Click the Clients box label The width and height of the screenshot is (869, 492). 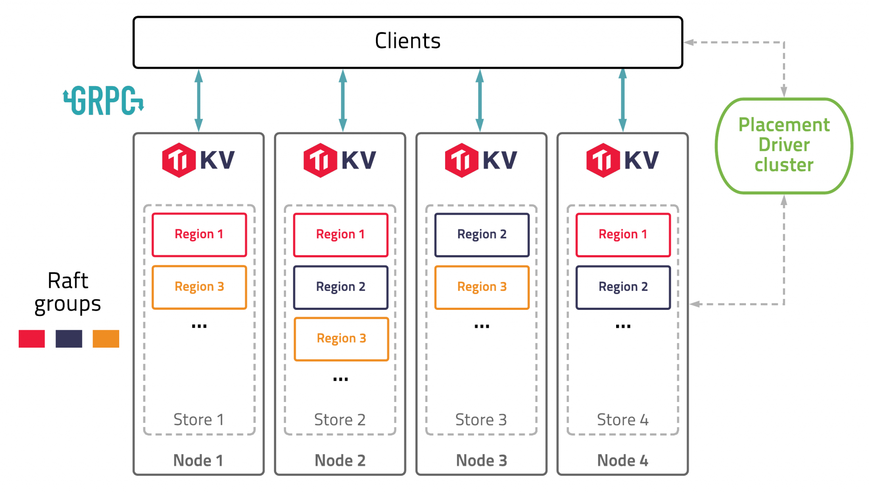pos(407,41)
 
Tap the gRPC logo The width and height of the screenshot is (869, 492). pos(104,101)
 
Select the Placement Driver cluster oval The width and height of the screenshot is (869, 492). pos(784,145)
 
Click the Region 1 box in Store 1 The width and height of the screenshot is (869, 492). pos(199,234)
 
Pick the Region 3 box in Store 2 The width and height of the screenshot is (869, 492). pos(341,339)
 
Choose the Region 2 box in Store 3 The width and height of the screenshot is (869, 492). pos(482,234)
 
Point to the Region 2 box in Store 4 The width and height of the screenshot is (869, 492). pos(623,287)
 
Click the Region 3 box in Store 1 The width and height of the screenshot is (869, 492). pos(199,287)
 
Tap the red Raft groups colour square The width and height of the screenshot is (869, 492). pos(32,339)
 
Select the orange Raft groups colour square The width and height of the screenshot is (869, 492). pos(106,339)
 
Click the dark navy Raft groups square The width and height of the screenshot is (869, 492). pos(69,339)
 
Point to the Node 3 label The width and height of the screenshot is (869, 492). pos(481,461)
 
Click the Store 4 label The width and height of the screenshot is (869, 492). pos(622,420)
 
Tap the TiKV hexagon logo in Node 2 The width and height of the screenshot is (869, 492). pos(320,160)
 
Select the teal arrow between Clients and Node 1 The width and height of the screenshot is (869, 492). pos(199,101)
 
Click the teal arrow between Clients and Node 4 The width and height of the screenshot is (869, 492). pos(622,101)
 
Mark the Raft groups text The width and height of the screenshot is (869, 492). pos(68,292)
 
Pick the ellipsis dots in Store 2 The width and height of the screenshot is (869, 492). pos(340,379)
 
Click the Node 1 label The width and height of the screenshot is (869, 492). pos(198,461)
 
